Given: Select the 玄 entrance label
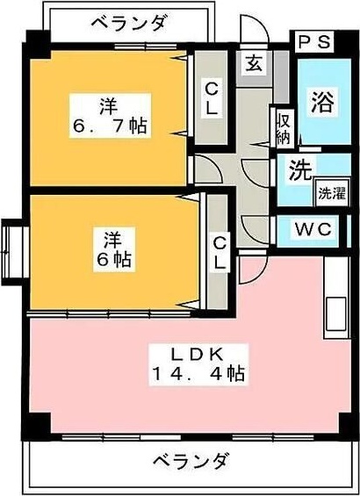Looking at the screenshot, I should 253,63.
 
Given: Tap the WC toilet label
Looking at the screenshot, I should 313,230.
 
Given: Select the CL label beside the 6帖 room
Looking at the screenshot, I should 220,251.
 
